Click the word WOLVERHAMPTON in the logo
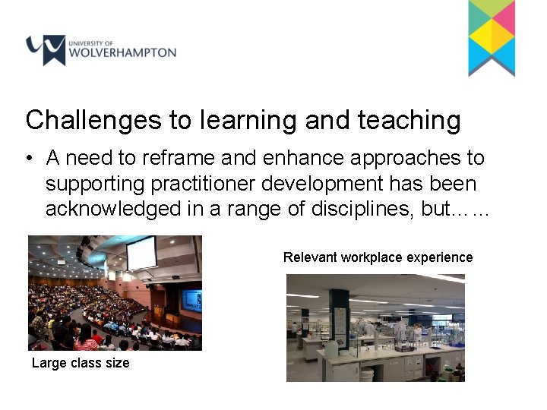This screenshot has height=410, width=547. [122, 54]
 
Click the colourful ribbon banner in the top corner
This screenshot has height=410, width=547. [492, 37]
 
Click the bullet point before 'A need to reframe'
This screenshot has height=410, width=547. [28, 159]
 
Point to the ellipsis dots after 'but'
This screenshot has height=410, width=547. [471, 212]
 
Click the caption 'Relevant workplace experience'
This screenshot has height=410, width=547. [378, 257]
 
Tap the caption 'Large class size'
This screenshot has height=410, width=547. [81, 363]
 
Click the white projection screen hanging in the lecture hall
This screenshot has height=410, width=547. [141, 252]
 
